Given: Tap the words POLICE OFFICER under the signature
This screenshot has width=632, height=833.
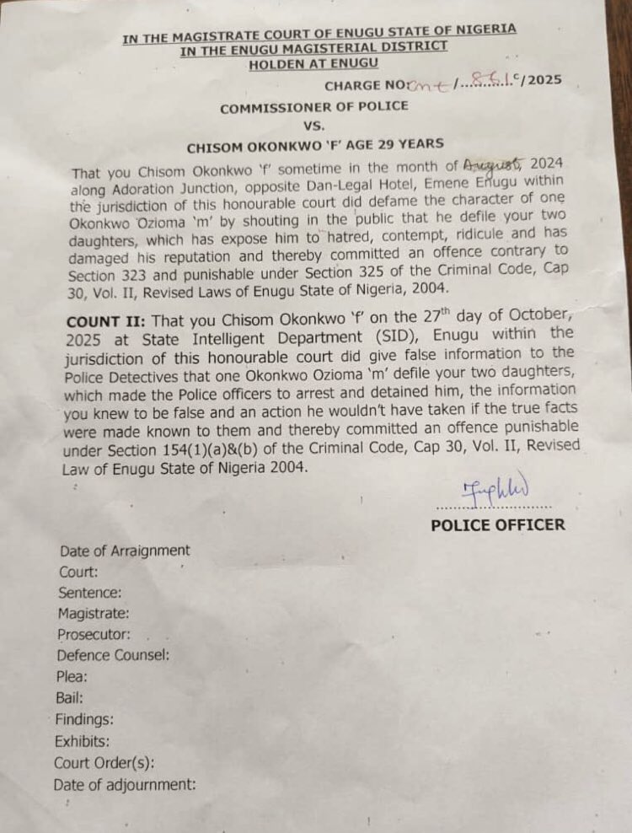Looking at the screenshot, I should click(x=498, y=525).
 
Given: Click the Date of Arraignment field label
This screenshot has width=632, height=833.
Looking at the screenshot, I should click(x=125, y=551).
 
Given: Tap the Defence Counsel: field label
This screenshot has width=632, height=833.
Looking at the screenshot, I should click(x=113, y=654).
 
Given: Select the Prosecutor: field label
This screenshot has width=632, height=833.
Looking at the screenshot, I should click(x=93, y=634).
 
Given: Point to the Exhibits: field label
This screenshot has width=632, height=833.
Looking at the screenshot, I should click(x=82, y=742).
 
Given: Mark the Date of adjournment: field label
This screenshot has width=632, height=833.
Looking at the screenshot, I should click(x=124, y=785).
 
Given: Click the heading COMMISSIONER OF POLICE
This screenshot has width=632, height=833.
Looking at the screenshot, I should click(x=314, y=107).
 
